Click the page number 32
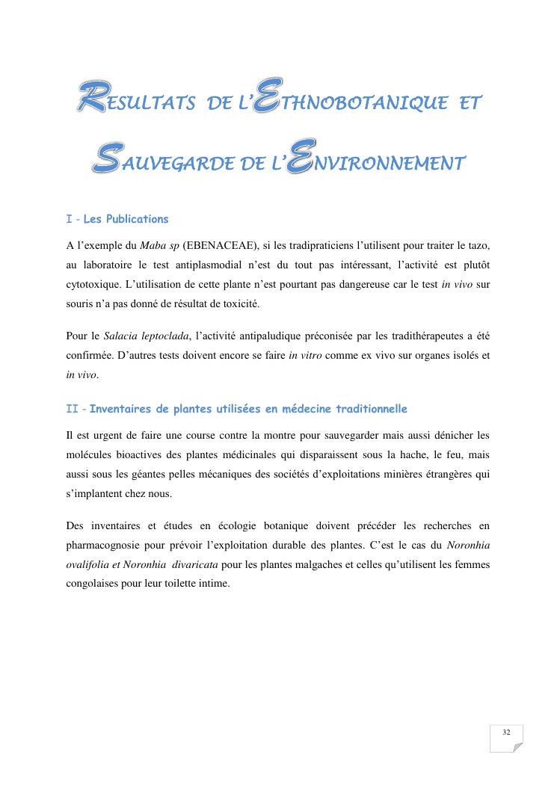(x=507, y=732)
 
